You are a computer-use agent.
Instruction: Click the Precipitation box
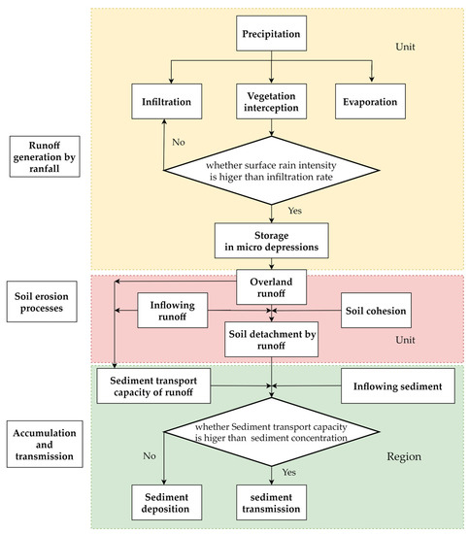tap(271, 33)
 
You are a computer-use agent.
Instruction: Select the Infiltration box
tap(167, 102)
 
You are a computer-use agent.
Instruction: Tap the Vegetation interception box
tap(271, 102)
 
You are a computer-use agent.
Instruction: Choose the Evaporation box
tap(370, 102)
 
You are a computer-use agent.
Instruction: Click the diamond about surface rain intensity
tap(272, 170)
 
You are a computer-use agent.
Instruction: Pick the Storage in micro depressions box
tap(272, 241)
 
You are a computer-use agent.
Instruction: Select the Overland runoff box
tap(271, 287)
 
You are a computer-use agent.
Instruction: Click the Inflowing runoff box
tap(172, 311)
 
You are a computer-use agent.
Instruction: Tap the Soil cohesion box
tap(376, 311)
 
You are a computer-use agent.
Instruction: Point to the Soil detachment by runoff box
tap(272, 340)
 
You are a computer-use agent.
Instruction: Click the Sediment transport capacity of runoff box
tap(153, 385)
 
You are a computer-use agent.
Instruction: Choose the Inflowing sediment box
tap(398, 385)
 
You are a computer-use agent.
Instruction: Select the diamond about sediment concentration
tap(272, 432)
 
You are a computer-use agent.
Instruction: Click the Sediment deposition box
tap(167, 503)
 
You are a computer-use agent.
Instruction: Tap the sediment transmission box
tap(271, 503)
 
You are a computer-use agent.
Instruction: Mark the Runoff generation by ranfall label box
tap(45, 156)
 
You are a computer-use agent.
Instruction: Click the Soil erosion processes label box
tap(42, 302)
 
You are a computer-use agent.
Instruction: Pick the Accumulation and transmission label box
tap(45, 444)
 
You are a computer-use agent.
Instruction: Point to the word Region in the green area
tap(404, 456)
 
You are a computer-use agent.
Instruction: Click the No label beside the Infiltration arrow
tap(179, 142)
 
